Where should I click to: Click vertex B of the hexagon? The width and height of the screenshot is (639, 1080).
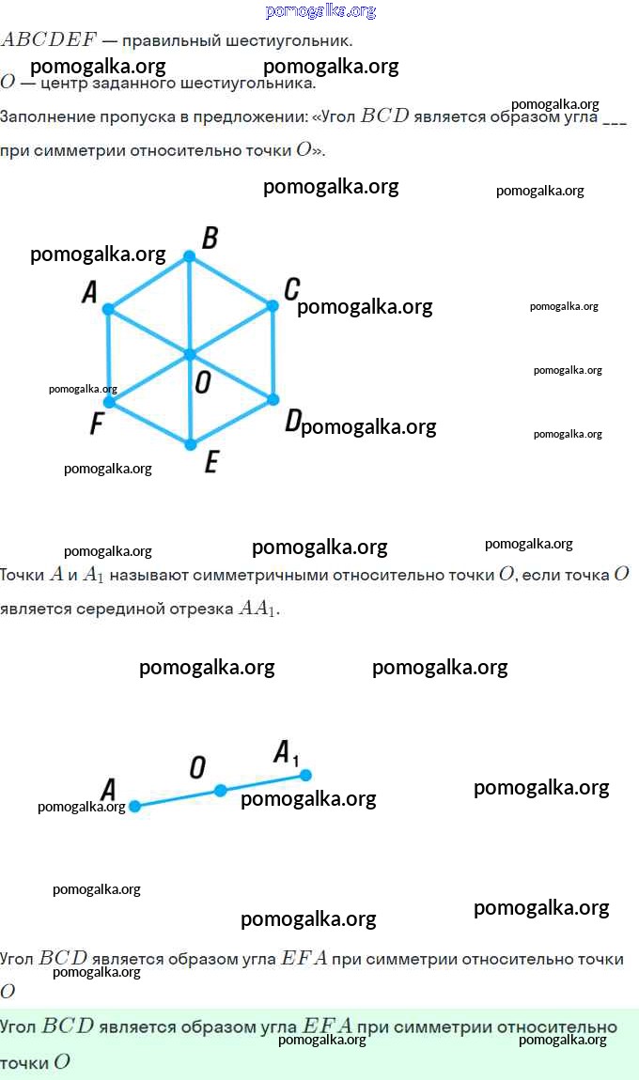pyautogui.click(x=189, y=256)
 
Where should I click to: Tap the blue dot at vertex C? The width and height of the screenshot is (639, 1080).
pyautogui.click(x=273, y=305)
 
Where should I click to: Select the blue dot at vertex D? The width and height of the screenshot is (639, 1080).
pyautogui.click(x=273, y=399)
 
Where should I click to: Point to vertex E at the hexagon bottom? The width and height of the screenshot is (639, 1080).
pyautogui.click(x=191, y=445)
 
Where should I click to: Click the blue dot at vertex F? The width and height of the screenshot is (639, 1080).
pyautogui.click(x=109, y=402)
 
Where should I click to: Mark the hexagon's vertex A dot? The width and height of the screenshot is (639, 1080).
pyautogui.click(x=108, y=309)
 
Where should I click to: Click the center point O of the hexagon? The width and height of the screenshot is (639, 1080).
pyautogui.click(x=190, y=355)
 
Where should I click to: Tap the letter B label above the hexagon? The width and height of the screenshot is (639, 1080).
pyautogui.click(x=210, y=238)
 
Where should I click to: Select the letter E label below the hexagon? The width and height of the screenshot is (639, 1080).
pyautogui.click(x=211, y=461)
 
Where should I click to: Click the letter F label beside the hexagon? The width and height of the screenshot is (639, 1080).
pyautogui.click(x=97, y=423)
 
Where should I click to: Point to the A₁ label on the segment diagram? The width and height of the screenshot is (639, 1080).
pyautogui.click(x=286, y=753)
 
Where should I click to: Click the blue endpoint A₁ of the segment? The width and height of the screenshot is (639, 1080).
pyautogui.click(x=305, y=776)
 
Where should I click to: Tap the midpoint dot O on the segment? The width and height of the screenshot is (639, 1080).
pyautogui.click(x=220, y=791)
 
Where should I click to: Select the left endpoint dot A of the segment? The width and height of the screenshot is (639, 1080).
pyautogui.click(x=135, y=806)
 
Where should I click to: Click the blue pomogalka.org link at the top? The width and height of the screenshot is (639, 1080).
pyautogui.click(x=320, y=11)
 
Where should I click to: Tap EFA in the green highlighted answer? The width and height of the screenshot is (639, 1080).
pyautogui.click(x=327, y=1026)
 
